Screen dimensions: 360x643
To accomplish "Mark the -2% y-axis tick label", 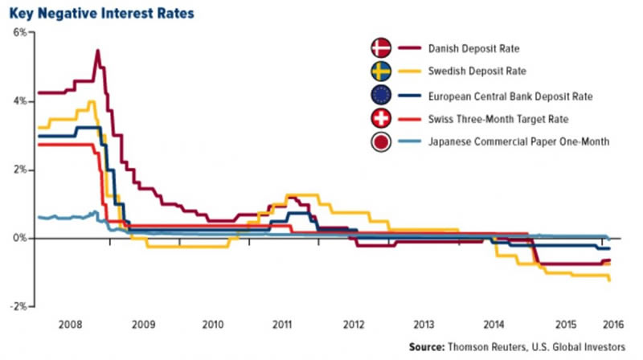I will point(19,307).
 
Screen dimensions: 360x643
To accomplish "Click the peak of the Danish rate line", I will point(97,51).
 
